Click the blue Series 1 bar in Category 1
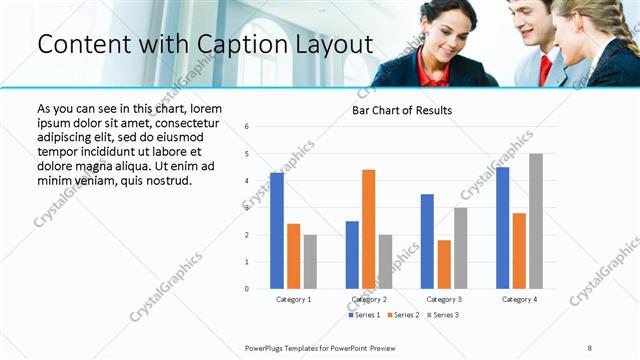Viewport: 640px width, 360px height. (x=277, y=231)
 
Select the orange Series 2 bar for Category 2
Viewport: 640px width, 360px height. (x=368, y=229)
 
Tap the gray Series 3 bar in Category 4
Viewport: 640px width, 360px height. (x=536, y=221)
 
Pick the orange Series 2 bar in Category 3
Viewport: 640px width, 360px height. (x=444, y=264)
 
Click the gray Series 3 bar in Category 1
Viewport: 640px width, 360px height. (x=310, y=262)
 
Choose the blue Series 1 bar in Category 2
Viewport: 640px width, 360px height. (x=352, y=255)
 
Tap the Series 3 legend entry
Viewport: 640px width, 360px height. (x=443, y=314)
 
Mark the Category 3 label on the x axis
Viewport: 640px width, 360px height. (x=444, y=299)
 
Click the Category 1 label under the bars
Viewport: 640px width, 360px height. (x=293, y=299)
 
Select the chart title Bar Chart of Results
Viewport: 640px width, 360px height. (x=401, y=110)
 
